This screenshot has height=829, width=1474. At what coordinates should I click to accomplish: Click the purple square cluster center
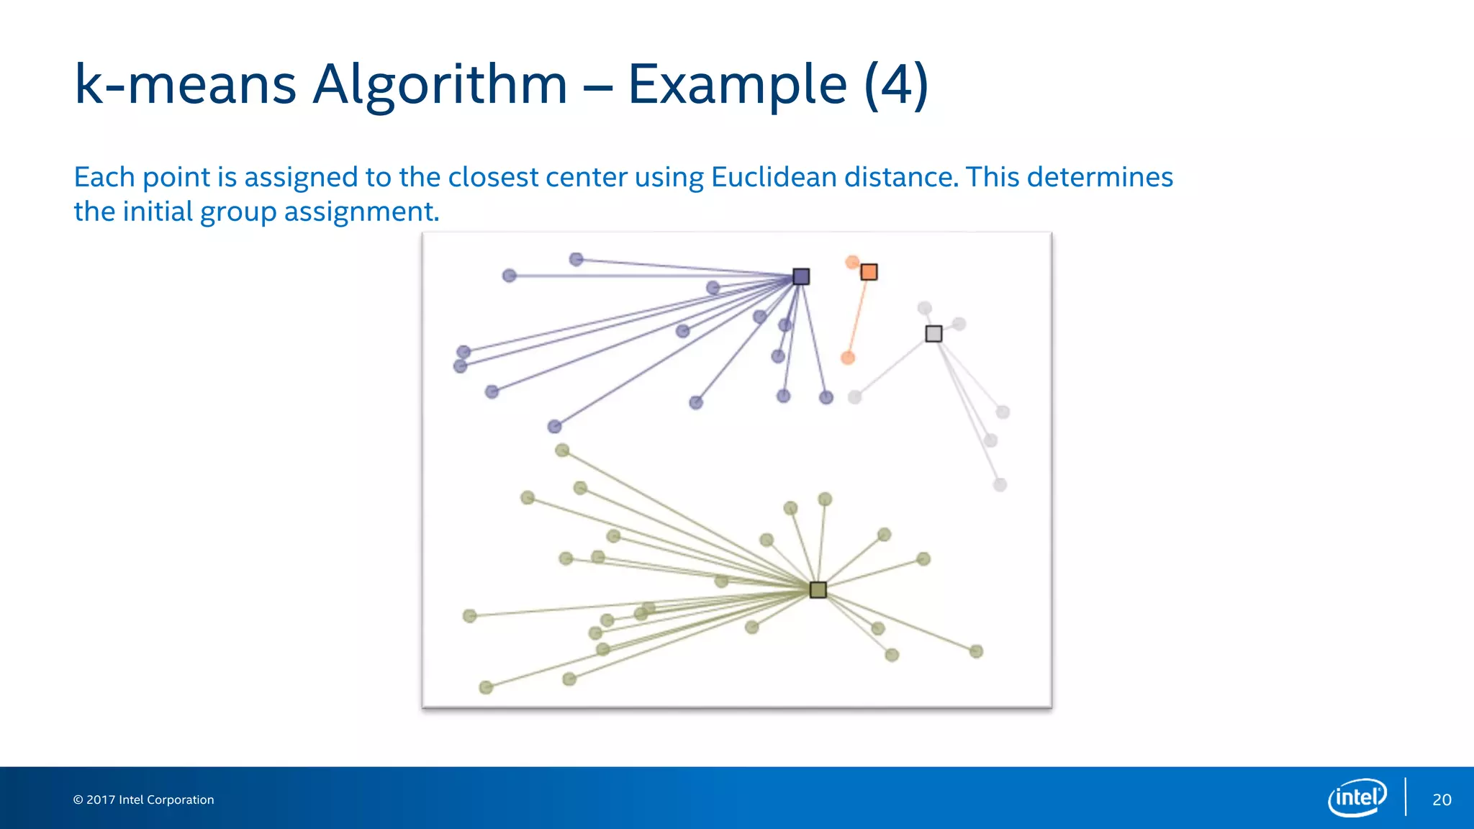coord(801,276)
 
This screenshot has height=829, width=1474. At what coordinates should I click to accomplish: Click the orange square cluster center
coord(869,272)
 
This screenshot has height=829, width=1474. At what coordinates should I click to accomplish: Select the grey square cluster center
coord(933,334)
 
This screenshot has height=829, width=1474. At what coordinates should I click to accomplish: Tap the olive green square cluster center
coord(818,590)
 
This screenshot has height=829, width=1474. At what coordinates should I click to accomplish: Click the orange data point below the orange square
coord(848,358)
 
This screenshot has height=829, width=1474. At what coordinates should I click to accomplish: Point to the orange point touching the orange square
coord(852,262)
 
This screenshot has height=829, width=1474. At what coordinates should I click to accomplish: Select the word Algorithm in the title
coord(440,84)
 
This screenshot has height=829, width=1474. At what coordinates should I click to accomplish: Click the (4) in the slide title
coord(896,84)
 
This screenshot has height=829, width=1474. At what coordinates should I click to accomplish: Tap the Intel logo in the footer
coord(1357,797)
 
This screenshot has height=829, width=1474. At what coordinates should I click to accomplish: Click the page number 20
coord(1442,799)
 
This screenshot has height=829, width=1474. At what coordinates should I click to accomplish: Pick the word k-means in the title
coord(185,84)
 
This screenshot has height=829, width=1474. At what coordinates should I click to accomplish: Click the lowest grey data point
coord(1000,485)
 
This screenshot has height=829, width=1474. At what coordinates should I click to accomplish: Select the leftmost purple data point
coord(461,366)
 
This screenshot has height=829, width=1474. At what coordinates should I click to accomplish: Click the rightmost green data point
coord(976,651)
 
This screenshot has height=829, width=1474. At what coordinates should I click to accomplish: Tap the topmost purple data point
coord(576,259)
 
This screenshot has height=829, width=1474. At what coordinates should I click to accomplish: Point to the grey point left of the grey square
coord(854,397)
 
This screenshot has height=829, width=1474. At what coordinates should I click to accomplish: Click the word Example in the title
coord(737,84)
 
